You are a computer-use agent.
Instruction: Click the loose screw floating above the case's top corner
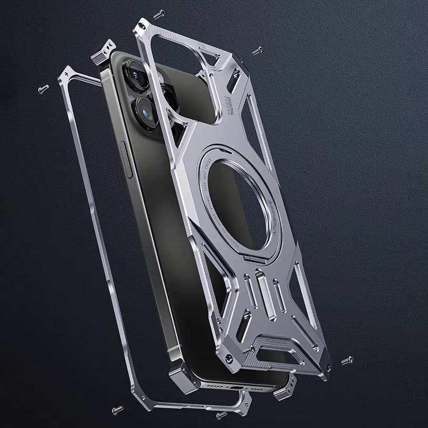click(159, 14)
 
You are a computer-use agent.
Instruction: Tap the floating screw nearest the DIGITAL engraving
click(257, 50)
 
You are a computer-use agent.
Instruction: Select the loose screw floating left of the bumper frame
click(44, 89)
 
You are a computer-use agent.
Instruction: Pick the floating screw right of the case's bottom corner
click(347, 361)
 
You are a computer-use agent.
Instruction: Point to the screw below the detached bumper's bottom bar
click(117, 409)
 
